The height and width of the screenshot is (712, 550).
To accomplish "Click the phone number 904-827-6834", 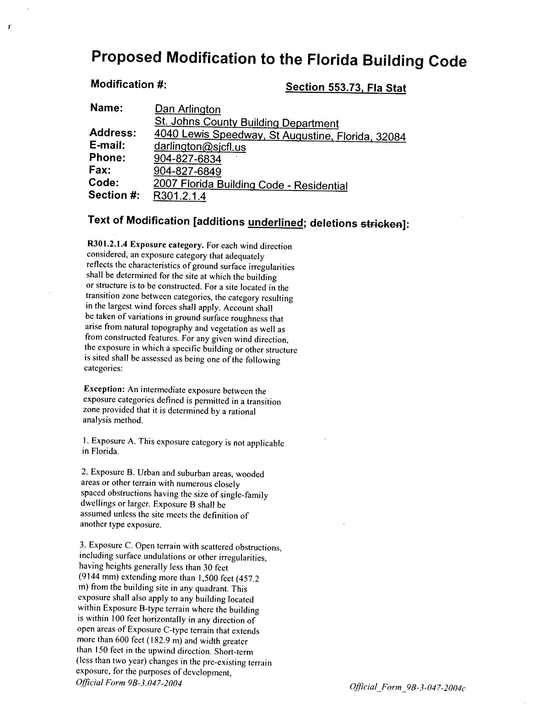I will tap(187, 159).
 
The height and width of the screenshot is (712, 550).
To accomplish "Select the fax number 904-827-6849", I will tap(187, 172).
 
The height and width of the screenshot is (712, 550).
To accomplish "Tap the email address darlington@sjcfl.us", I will tap(200, 147).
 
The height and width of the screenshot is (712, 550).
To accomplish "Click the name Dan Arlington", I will tap(187, 109).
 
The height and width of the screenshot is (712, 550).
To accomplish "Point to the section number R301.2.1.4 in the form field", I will tap(180, 196).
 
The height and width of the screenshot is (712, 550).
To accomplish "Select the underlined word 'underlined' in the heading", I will tap(275, 223).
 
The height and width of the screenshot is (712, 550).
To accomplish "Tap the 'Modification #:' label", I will tap(129, 85).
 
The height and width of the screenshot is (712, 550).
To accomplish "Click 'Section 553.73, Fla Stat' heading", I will tap(346, 87).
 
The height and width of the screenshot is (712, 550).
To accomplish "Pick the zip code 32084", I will tap(391, 137).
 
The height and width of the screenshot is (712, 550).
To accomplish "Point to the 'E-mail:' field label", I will tap(107, 145).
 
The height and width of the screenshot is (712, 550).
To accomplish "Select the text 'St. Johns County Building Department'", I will tap(246, 123).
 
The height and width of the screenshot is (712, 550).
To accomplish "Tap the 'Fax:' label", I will tap(100, 170).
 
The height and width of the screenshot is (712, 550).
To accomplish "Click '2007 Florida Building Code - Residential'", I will tap(250, 185).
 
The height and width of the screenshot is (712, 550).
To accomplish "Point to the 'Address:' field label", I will tap(113, 133).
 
